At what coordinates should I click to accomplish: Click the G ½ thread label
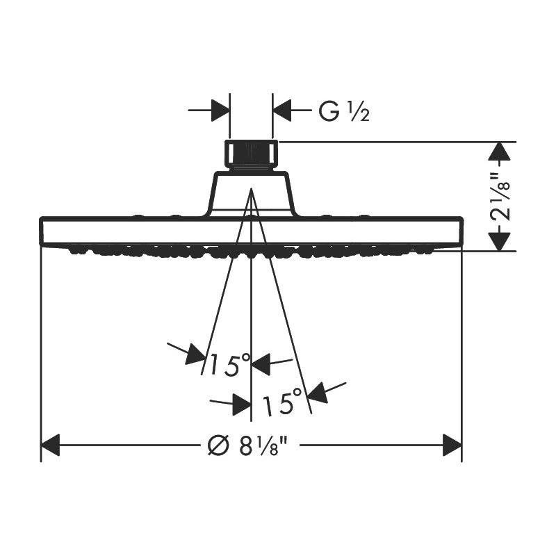[344, 111]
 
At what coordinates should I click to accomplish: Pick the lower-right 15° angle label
[282, 402]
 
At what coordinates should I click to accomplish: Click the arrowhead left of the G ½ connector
[220, 111]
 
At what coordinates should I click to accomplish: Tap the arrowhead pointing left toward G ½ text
[282, 111]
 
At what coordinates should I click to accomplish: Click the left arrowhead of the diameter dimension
[50, 445]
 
